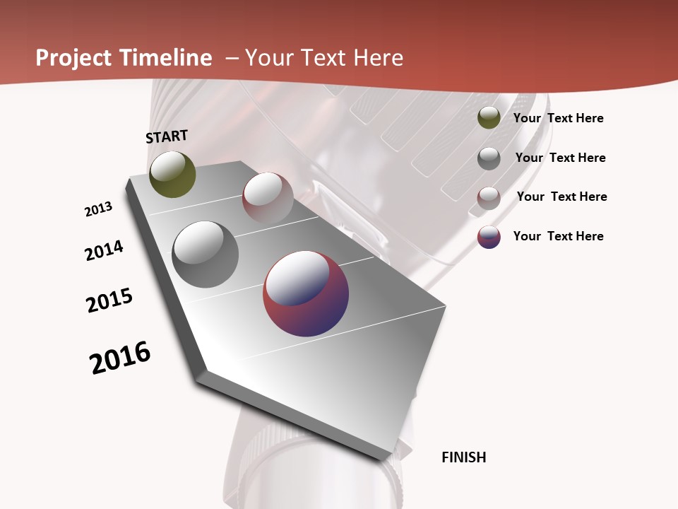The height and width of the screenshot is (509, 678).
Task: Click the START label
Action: click(167, 136)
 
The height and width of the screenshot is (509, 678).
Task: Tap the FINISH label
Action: click(463, 457)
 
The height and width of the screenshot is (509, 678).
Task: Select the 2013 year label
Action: click(98, 209)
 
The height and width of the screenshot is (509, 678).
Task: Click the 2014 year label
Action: click(104, 250)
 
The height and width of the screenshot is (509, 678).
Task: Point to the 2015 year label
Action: click(109, 300)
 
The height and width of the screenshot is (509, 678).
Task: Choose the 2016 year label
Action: click(120, 358)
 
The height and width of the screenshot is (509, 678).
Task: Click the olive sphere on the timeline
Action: click(172, 174)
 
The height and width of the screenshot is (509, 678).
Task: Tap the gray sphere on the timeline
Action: click(205, 255)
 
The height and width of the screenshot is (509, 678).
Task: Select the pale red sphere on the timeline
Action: click(268, 197)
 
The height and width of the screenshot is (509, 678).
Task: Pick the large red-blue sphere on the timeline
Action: click(306, 293)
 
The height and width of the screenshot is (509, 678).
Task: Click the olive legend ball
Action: click(489, 118)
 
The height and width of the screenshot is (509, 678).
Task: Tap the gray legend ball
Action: click(489, 158)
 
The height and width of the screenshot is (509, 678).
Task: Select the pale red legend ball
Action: click(489, 197)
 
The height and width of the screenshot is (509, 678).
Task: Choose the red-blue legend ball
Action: click(489, 237)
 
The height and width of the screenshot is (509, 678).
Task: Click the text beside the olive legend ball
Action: click(558, 118)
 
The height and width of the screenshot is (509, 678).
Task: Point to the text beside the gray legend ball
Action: click(560, 158)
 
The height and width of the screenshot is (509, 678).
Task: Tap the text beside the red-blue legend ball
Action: click(558, 236)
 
